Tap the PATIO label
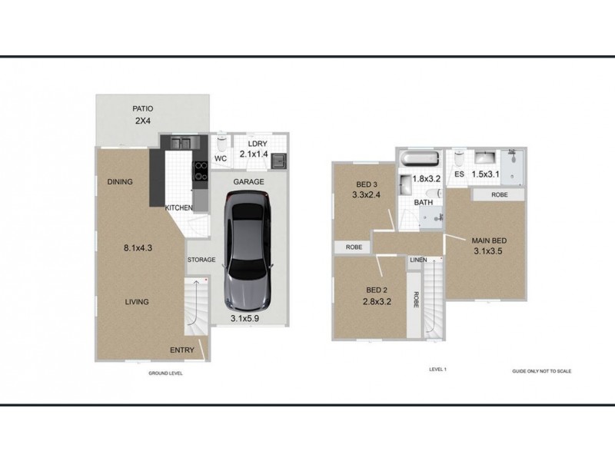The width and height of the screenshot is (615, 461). coord(144,109)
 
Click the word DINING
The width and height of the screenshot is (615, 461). coord(120,182)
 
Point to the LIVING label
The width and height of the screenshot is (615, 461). coord(137,302)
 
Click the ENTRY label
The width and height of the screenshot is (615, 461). coord(181,350)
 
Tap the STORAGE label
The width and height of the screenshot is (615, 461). coord(201,260)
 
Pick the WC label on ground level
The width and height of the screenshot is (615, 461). coord(221,159)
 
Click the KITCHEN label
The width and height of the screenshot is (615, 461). coord(178,208)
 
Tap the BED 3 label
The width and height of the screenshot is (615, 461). coord(367,184)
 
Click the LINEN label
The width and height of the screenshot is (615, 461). coord(418,260)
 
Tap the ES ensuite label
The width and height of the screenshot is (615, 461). coord(459,175)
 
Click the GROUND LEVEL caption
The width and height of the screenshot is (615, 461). coord(165,373)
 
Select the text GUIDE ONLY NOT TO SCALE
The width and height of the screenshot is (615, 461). coord(542,370)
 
